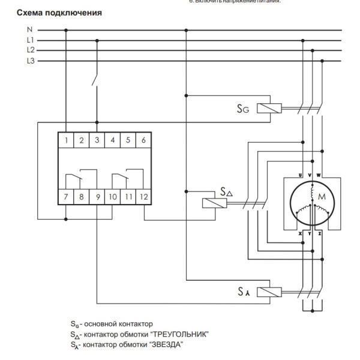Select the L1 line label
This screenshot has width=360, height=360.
[x=31, y=40]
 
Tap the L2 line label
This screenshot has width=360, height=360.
[x=31, y=50]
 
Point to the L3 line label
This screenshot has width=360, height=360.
[x=31, y=61]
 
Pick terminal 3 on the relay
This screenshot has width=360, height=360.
[x=97, y=141]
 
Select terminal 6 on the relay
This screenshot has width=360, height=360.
[x=143, y=141]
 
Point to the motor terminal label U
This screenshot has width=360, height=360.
[x=300, y=175]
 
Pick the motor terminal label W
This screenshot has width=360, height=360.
[x=318, y=175]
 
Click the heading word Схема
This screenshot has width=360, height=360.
[x=34, y=13]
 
